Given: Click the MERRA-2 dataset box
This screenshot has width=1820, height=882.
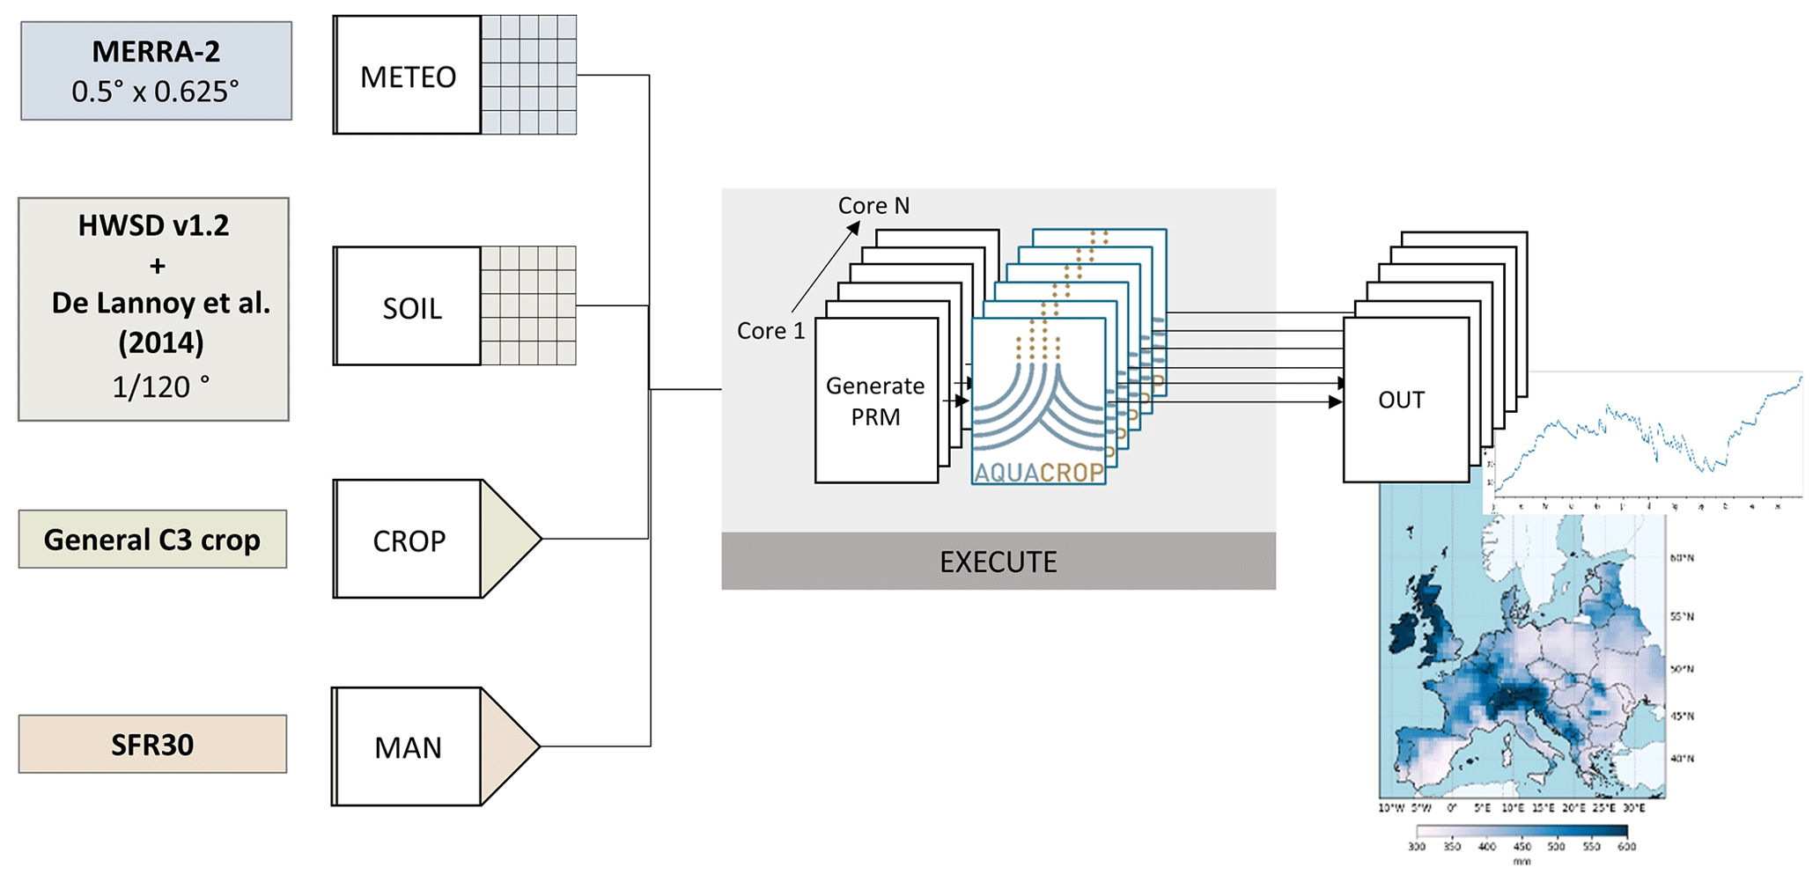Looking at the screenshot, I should [x=156, y=71].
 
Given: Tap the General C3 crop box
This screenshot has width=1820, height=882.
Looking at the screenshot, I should [x=152, y=540].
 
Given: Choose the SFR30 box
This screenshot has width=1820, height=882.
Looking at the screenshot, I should [x=152, y=745].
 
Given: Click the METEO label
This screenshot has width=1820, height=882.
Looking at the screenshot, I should [x=409, y=77].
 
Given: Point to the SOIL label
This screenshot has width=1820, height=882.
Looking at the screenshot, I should [x=412, y=309].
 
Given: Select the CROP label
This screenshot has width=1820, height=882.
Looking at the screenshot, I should [x=409, y=540].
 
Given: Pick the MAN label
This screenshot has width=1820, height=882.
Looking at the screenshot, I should [x=408, y=748].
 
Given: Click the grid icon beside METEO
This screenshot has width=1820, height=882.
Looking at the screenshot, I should [x=529, y=75].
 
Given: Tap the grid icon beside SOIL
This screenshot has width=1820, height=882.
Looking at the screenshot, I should [x=528, y=305].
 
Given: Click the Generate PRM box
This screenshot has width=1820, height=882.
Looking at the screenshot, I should [x=875, y=401].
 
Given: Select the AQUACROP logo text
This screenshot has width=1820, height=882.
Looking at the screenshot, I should [x=1039, y=473].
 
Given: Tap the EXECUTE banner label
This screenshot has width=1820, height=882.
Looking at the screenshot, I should [x=998, y=562].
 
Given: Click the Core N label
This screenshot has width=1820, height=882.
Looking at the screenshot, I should [x=873, y=206].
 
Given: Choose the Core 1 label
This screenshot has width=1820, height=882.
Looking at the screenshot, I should [x=770, y=331].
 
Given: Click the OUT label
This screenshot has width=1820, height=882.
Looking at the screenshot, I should [x=1401, y=401].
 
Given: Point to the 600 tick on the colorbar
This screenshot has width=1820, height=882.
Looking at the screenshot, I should [x=1626, y=846].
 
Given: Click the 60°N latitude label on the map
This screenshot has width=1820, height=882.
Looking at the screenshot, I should [x=1681, y=557].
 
